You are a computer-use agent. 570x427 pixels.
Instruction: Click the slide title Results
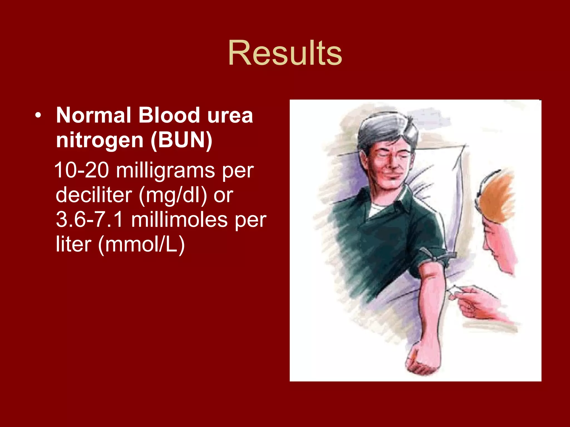tap(285, 53)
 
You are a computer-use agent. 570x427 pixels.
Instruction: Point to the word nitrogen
tap(99, 140)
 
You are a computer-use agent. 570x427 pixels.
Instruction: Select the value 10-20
tap(82, 170)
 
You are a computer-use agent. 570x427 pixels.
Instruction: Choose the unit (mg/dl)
tap(173, 195)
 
